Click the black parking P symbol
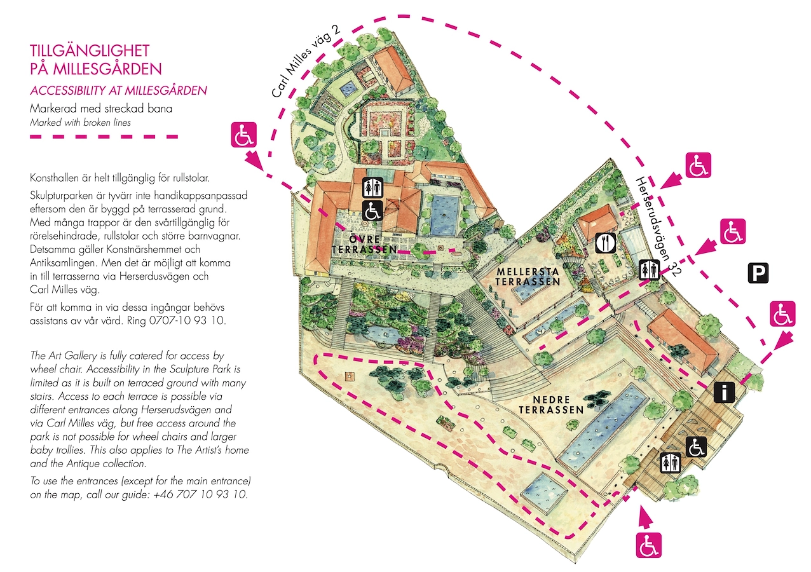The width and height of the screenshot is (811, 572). click(758, 273)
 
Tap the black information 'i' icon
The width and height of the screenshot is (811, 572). click(724, 392)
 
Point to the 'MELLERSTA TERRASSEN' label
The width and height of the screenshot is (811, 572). click(528, 276)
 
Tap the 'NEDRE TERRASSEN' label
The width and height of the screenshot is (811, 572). click(551, 404)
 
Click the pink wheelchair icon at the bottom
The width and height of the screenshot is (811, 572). click(649, 545)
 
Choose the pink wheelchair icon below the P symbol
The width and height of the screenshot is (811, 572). click(783, 314)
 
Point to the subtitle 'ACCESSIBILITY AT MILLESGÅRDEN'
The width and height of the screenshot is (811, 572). click(118, 90)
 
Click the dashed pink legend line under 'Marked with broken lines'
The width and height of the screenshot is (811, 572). click(104, 137)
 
